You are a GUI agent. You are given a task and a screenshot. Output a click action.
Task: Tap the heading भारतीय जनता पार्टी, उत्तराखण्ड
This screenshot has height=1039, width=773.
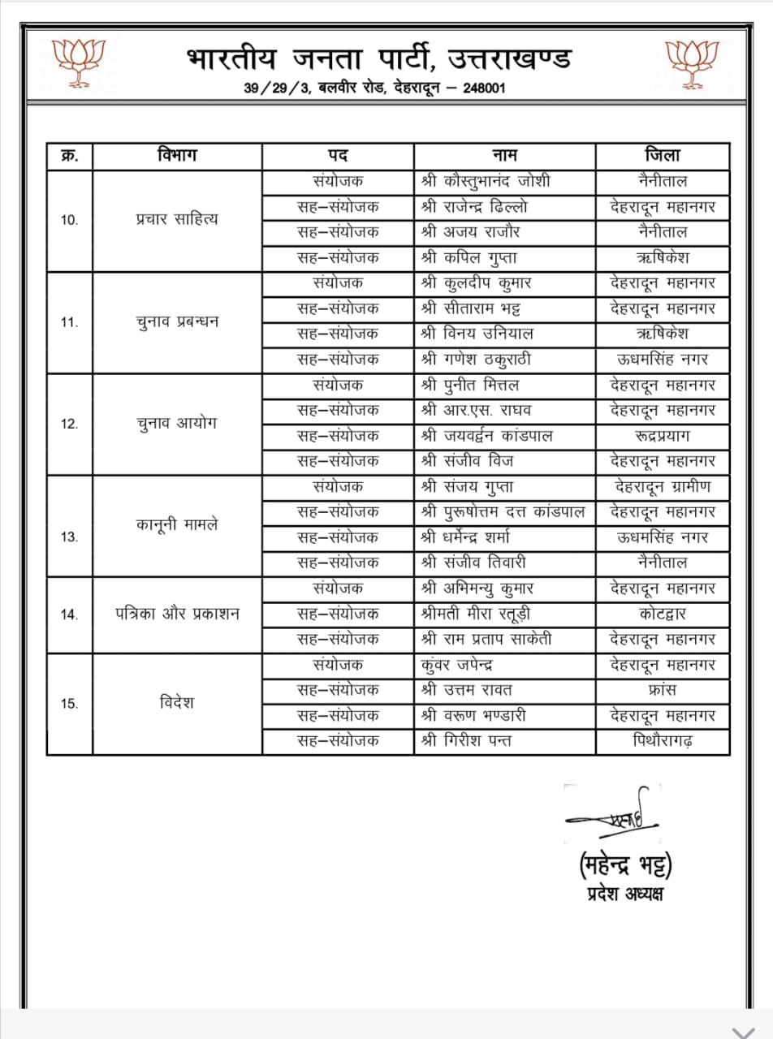(x=379, y=59)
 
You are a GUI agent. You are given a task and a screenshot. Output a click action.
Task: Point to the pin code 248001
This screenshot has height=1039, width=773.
(x=484, y=88)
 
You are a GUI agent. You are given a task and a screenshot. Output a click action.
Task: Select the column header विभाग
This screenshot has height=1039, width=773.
(x=177, y=155)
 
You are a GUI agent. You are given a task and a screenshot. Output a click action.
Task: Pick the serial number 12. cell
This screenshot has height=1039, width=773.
(x=70, y=424)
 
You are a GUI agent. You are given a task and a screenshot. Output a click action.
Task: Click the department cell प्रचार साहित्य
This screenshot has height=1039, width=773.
(x=177, y=219)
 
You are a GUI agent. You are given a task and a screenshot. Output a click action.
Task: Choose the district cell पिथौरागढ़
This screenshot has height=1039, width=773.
(x=663, y=741)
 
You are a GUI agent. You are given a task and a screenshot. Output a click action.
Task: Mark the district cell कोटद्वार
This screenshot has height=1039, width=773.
(x=663, y=614)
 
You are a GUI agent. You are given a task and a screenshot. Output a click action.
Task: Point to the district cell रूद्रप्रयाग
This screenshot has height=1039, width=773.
(x=663, y=436)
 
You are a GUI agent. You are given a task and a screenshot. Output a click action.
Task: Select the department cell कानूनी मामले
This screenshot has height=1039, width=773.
(x=177, y=524)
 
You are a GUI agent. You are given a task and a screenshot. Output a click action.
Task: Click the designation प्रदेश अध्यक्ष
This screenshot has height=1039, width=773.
(x=624, y=895)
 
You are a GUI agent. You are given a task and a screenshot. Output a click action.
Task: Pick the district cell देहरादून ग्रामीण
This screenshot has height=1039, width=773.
(x=663, y=487)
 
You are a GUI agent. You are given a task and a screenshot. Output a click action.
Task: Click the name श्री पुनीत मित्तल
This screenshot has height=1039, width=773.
(x=470, y=385)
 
